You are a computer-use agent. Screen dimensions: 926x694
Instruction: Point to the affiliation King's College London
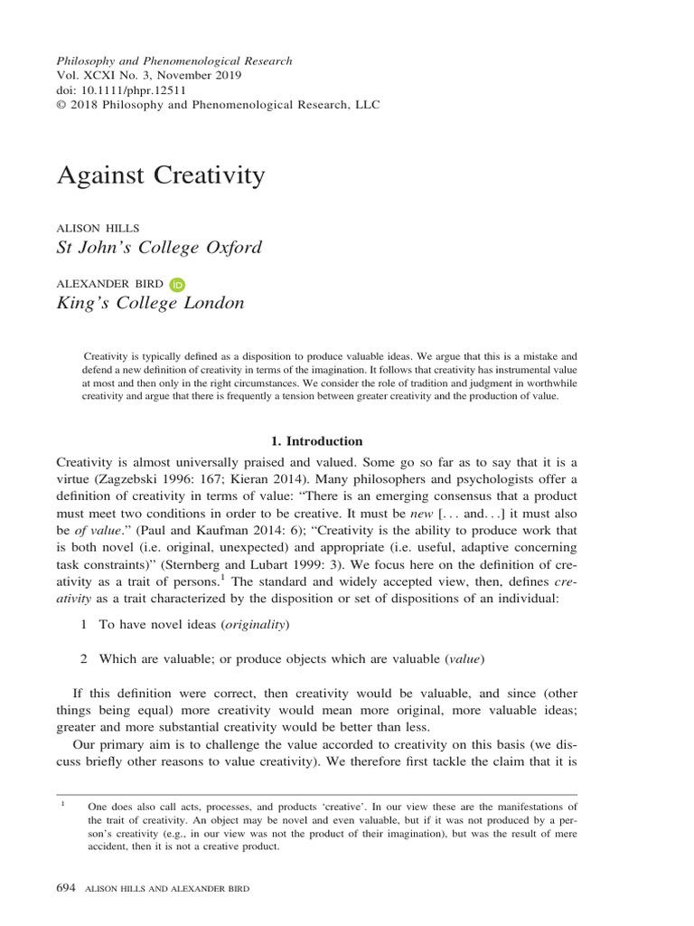tap(150, 303)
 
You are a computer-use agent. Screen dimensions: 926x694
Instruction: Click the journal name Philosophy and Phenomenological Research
tap(174, 61)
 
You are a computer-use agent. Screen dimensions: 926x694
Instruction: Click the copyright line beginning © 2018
tap(218, 104)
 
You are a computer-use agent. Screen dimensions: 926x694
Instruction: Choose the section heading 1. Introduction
tap(317, 441)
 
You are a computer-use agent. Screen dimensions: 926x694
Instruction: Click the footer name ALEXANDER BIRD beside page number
tap(211, 889)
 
